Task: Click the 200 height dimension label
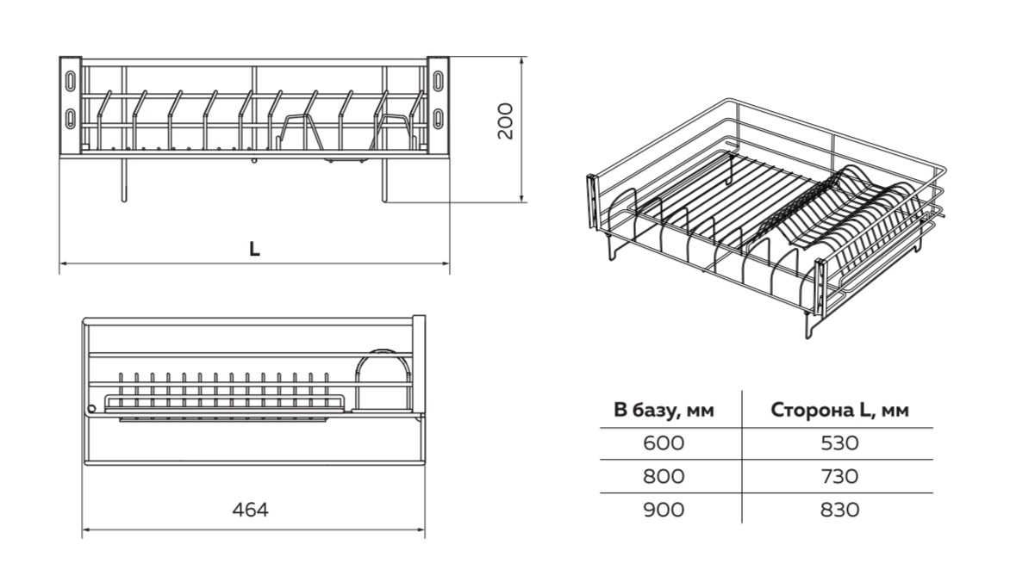(x=506, y=121)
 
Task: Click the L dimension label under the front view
(x=254, y=249)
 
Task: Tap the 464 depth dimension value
(x=251, y=510)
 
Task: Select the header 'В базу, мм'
(x=664, y=410)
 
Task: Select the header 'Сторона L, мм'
(x=840, y=410)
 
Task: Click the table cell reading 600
(x=664, y=443)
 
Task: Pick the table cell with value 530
(x=840, y=443)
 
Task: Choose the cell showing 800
(x=664, y=476)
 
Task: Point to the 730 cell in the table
(x=840, y=476)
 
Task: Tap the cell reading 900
(x=664, y=510)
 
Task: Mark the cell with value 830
(x=840, y=510)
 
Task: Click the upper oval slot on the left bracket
(x=70, y=77)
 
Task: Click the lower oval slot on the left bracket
(x=70, y=118)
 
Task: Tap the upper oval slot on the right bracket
(x=439, y=77)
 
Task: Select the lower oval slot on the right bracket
(x=439, y=118)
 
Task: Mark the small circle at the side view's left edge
(x=90, y=408)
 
